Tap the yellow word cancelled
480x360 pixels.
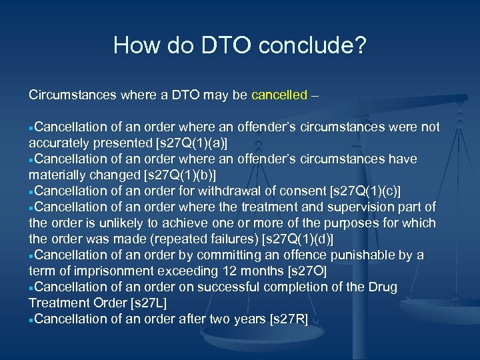click(x=279, y=95)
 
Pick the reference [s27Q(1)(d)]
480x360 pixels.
click(x=299, y=239)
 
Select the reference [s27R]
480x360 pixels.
click(x=289, y=319)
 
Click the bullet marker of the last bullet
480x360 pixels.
click(x=31, y=319)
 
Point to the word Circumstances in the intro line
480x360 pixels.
click(x=72, y=95)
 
